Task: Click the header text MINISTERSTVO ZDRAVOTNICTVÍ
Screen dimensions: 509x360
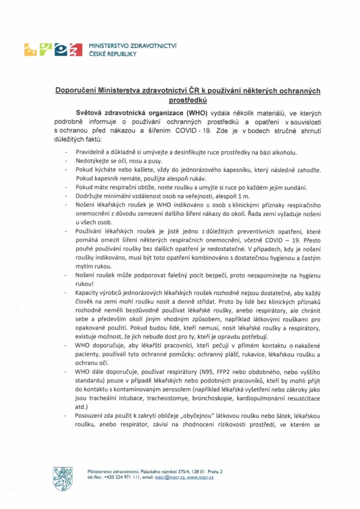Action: [x=133, y=46]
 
